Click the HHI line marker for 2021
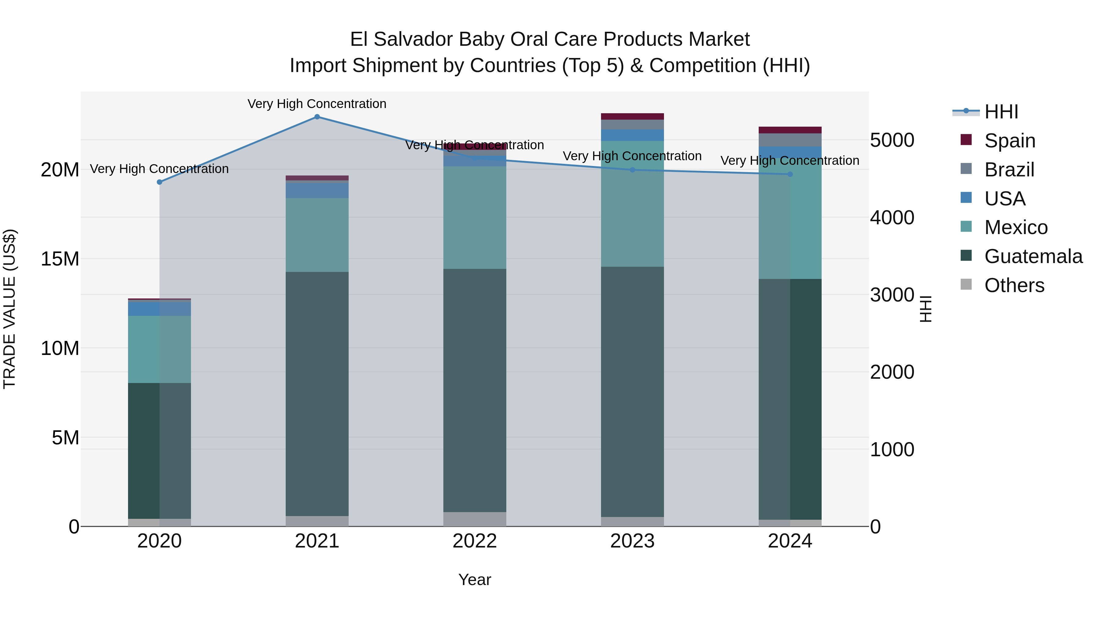[317, 117]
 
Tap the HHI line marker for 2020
[159, 182]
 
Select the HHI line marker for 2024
[790, 174]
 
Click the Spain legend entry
[1010, 141]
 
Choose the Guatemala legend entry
[1033, 256]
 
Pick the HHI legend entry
[1001, 112]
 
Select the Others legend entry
[1014, 285]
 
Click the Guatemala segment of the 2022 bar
[475, 390]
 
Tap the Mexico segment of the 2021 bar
[317, 235]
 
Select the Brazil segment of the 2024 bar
[790, 140]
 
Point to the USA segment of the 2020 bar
[159, 308]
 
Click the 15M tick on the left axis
[60, 259]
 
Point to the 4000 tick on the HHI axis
[892, 218]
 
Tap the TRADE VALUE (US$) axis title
[9, 309]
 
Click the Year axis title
[475, 580]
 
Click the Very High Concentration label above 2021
[317, 104]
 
